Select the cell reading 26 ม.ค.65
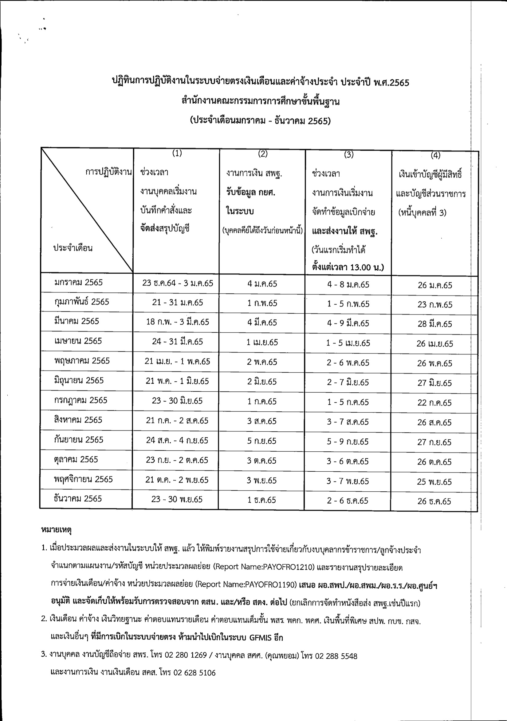pos(435,285)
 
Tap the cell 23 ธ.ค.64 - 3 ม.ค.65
pos(178,283)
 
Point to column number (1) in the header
pos(177,153)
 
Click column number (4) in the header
pos(435,155)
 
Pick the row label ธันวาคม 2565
pos(78,499)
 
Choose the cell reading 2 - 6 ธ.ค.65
pos(348,501)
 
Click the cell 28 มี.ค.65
pos(435,324)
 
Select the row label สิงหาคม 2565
pos(78,420)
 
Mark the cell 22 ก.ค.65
pos(434,403)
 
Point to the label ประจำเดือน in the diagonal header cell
pos(73,248)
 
